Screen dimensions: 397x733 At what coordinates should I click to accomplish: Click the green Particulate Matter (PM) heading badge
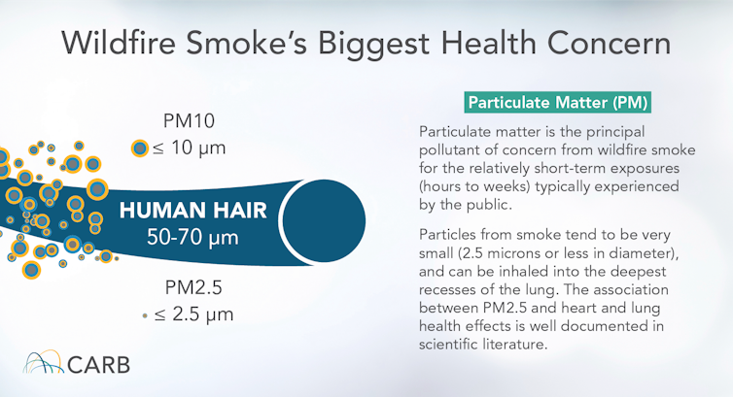[x=557, y=102]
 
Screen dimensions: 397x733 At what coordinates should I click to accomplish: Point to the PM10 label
[x=189, y=122]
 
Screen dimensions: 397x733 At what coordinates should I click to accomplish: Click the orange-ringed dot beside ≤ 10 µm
[x=140, y=149]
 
